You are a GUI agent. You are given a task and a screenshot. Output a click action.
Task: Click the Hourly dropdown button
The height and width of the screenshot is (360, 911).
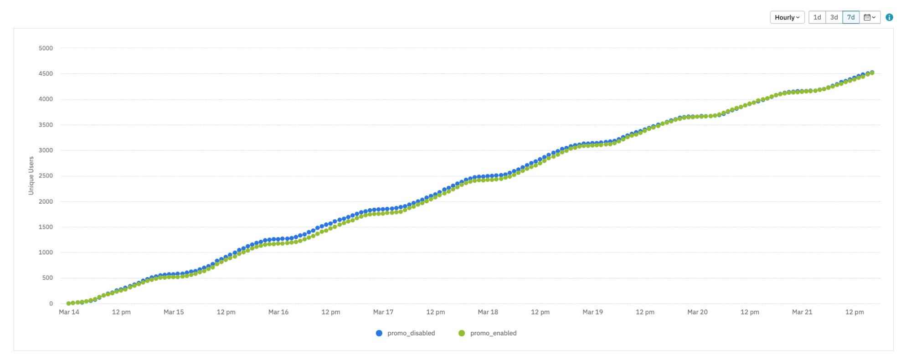pyautogui.click(x=787, y=17)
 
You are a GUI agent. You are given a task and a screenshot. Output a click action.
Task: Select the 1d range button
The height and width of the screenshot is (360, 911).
pyautogui.click(x=817, y=17)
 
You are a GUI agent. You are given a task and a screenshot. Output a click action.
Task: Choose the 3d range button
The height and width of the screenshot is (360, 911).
pyautogui.click(x=834, y=17)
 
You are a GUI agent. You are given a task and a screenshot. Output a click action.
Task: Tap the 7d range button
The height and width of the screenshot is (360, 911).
pyautogui.click(x=851, y=17)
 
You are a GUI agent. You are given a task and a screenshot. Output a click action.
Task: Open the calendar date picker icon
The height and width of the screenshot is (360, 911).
pyautogui.click(x=870, y=17)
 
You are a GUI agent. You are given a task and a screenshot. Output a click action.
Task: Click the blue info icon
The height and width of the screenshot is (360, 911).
pyautogui.click(x=889, y=17)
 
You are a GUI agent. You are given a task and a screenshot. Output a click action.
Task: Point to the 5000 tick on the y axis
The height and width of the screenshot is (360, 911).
pyautogui.click(x=46, y=48)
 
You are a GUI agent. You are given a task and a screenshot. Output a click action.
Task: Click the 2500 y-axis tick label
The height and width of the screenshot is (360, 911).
pyautogui.click(x=46, y=176)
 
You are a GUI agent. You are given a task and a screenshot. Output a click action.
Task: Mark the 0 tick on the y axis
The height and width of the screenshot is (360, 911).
pyautogui.click(x=51, y=303)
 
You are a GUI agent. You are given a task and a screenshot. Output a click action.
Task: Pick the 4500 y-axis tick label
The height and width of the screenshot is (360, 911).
pyautogui.click(x=46, y=74)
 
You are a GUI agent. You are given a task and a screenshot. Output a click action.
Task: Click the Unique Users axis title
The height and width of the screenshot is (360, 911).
pyautogui.click(x=31, y=176)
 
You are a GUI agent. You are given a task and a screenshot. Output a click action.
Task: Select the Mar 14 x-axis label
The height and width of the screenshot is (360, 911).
pyautogui.click(x=69, y=312)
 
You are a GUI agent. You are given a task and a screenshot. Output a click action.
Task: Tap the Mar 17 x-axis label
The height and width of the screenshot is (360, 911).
pyautogui.click(x=383, y=312)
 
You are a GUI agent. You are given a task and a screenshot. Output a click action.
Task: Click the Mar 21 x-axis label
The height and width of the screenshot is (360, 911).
pyautogui.click(x=802, y=312)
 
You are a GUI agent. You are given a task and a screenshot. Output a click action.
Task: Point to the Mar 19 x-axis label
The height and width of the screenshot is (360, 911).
pyautogui.click(x=592, y=312)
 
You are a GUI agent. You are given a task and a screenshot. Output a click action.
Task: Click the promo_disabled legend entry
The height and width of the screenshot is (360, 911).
pyautogui.click(x=411, y=333)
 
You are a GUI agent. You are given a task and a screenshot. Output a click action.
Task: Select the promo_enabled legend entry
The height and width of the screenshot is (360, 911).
pyautogui.click(x=494, y=333)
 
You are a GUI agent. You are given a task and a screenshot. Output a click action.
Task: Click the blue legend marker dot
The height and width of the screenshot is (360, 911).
pyautogui.click(x=379, y=333)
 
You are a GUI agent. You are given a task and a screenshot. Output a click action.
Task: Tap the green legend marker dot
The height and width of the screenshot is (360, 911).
pyautogui.click(x=462, y=333)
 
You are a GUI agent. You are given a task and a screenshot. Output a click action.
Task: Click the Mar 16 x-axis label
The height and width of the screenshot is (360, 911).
pyautogui.click(x=278, y=312)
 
